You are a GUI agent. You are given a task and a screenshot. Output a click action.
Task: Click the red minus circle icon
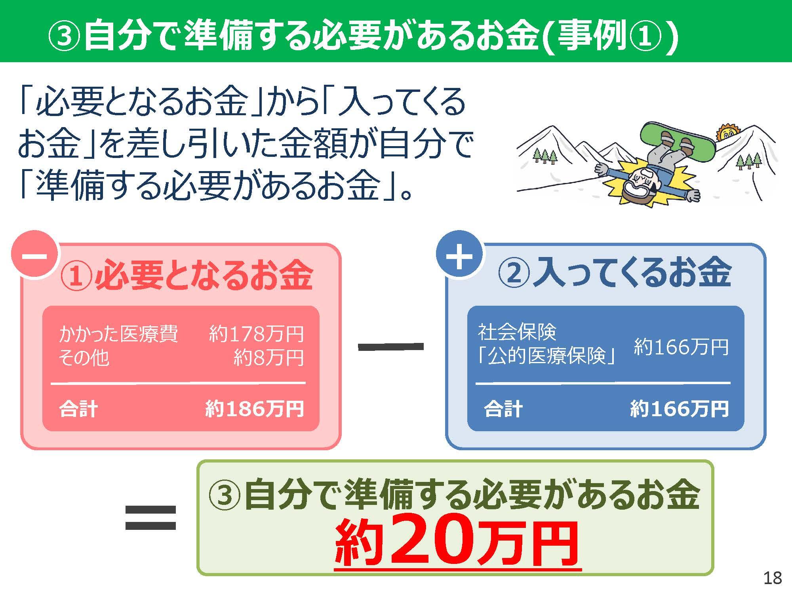pos(34,254)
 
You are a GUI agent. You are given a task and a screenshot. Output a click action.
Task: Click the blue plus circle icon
pos(459,254)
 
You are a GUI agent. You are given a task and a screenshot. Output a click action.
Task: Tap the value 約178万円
pos(256,334)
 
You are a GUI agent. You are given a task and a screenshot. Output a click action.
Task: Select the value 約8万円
pos(268,358)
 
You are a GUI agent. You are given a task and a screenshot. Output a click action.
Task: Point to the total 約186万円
pos(255,409)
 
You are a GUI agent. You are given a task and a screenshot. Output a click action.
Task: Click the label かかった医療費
pos(118,334)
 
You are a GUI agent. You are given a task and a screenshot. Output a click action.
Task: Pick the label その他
pos(84,358)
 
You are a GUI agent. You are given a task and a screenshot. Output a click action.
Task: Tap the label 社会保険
pos(517,332)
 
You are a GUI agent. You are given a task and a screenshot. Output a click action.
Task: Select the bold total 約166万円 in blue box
pos(680,409)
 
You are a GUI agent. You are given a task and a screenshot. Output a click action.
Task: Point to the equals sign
pos(150,518)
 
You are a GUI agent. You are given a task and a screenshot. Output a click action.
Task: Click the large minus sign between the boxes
pos(390,347)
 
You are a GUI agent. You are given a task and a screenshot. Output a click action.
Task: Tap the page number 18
pos(772,579)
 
